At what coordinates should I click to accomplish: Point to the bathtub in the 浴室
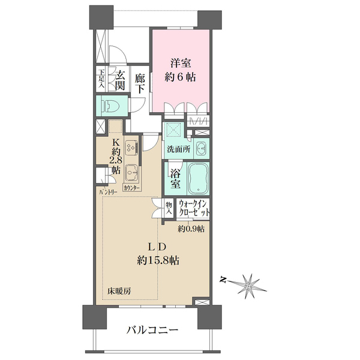tap(197, 178)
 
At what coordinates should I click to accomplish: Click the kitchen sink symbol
tap(131, 173)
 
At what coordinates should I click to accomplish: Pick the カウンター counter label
tap(132, 188)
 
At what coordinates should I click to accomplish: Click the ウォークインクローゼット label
tap(193, 209)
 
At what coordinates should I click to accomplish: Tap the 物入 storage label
tap(169, 208)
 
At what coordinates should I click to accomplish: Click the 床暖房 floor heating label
tap(120, 291)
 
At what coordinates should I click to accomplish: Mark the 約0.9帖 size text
tap(191, 229)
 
